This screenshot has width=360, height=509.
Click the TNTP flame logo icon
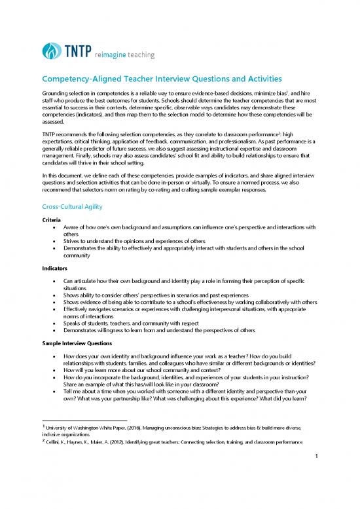tap(50, 51)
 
